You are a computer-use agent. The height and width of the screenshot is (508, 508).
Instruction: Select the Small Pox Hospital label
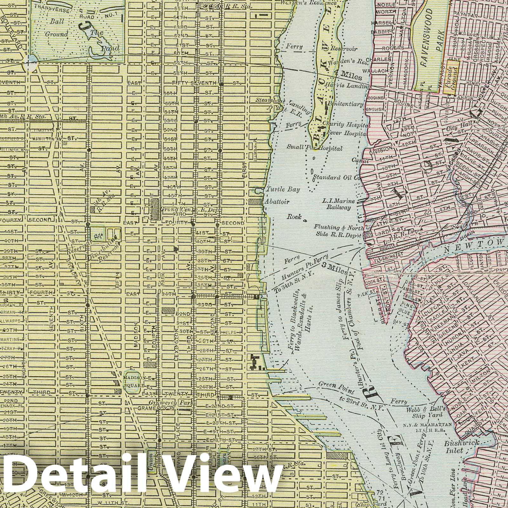(314, 148)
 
